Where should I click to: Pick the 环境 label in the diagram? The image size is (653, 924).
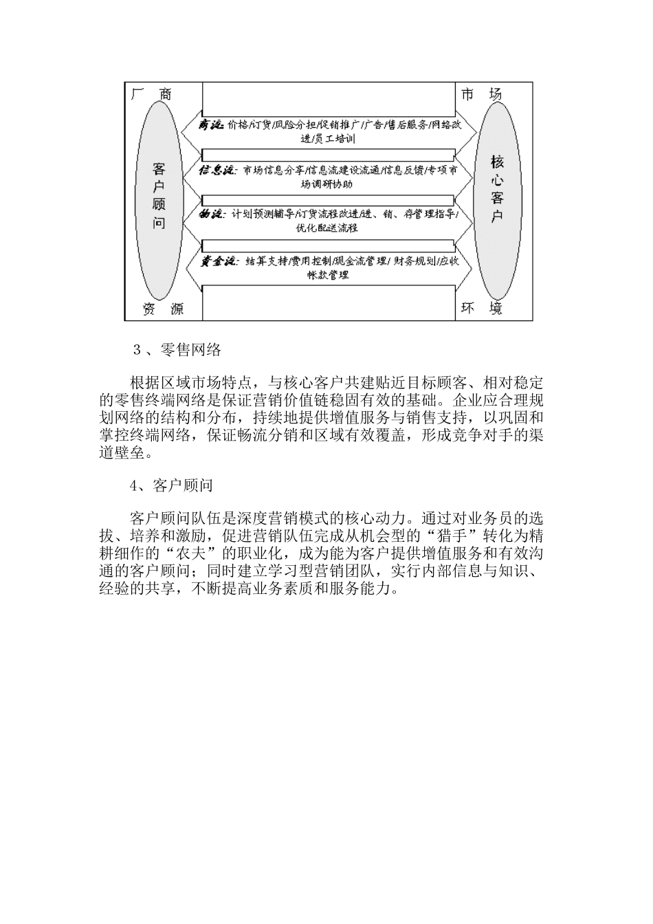(x=481, y=309)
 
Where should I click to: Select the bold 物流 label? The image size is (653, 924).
(x=212, y=214)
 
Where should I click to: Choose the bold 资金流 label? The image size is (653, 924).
(x=218, y=261)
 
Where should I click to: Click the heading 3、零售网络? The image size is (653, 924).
(x=177, y=349)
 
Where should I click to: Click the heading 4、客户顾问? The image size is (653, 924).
(x=172, y=486)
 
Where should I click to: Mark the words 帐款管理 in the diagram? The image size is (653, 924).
(x=328, y=275)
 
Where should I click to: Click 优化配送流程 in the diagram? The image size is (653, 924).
(x=326, y=228)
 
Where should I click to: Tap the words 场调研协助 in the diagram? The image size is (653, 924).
(x=326, y=184)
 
